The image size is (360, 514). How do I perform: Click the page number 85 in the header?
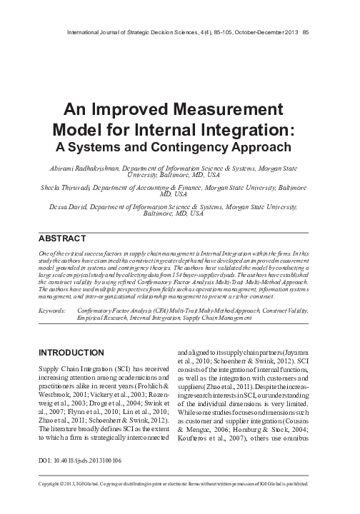coord(306,11)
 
